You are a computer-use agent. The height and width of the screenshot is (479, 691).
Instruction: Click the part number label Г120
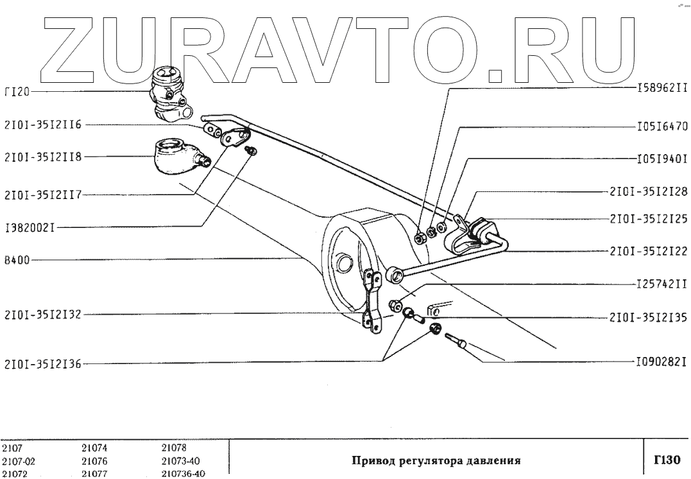pos(17,92)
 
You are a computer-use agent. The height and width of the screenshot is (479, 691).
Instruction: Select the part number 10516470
pos(662,126)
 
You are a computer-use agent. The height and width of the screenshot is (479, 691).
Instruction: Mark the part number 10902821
pos(662,362)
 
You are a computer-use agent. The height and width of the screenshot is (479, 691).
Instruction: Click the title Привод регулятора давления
pos(436,460)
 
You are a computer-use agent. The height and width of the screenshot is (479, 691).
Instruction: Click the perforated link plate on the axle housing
pos(371,302)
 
